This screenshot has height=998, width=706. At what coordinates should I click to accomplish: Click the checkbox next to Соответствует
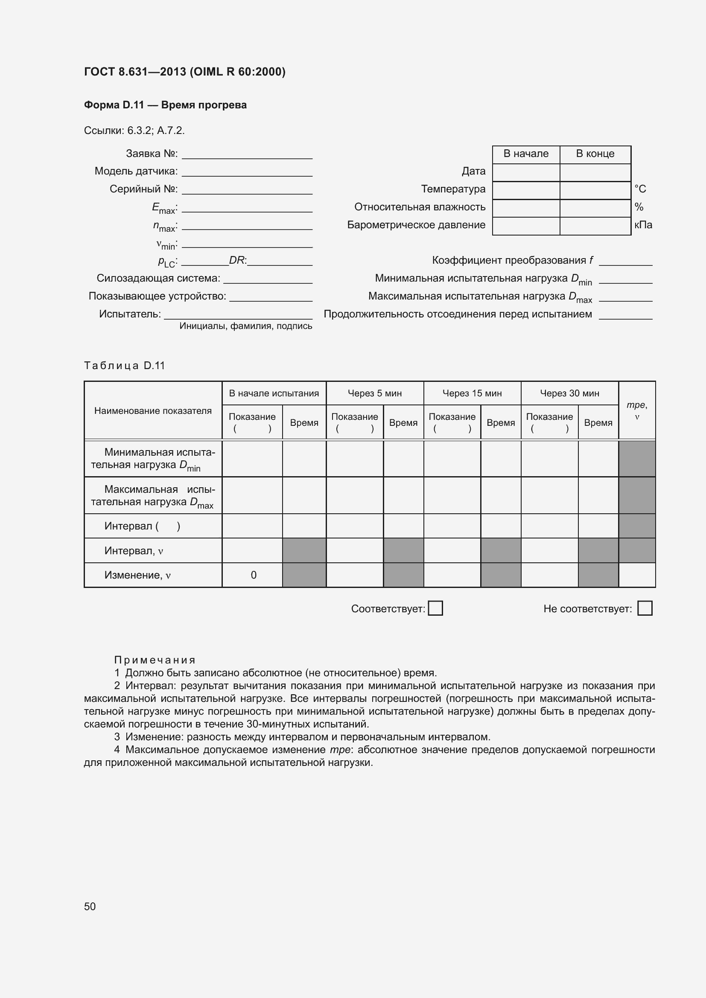click(x=435, y=608)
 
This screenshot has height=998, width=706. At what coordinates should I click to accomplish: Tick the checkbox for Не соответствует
click(x=644, y=608)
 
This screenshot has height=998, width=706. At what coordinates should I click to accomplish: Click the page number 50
click(x=90, y=906)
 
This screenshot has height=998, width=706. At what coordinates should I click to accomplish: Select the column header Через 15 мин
click(x=472, y=393)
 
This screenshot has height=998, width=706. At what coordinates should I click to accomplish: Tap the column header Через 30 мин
click(x=569, y=393)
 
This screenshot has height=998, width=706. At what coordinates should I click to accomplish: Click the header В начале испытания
click(x=274, y=393)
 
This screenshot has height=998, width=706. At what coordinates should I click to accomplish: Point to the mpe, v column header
click(x=637, y=410)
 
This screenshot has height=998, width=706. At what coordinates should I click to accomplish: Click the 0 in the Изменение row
click(x=254, y=575)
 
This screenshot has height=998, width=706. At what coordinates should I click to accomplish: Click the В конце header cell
click(x=595, y=154)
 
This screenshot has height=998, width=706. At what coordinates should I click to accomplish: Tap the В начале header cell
click(x=526, y=154)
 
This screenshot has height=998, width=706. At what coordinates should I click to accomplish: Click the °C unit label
click(x=640, y=189)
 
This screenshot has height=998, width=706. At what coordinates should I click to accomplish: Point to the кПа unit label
click(x=643, y=225)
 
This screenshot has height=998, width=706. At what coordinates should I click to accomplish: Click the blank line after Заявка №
click(x=247, y=155)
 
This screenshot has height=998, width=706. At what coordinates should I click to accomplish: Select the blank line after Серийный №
click(x=247, y=190)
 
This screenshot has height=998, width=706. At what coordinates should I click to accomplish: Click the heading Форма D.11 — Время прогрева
click(x=165, y=105)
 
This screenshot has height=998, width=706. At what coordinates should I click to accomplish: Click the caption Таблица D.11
click(x=125, y=366)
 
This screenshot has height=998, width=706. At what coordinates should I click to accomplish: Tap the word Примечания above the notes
click(x=155, y=660)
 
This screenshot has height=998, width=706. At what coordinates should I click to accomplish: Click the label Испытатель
click(x=130, y=314)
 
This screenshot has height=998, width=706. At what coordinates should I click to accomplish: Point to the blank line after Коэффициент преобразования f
click(x=626, y=262)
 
